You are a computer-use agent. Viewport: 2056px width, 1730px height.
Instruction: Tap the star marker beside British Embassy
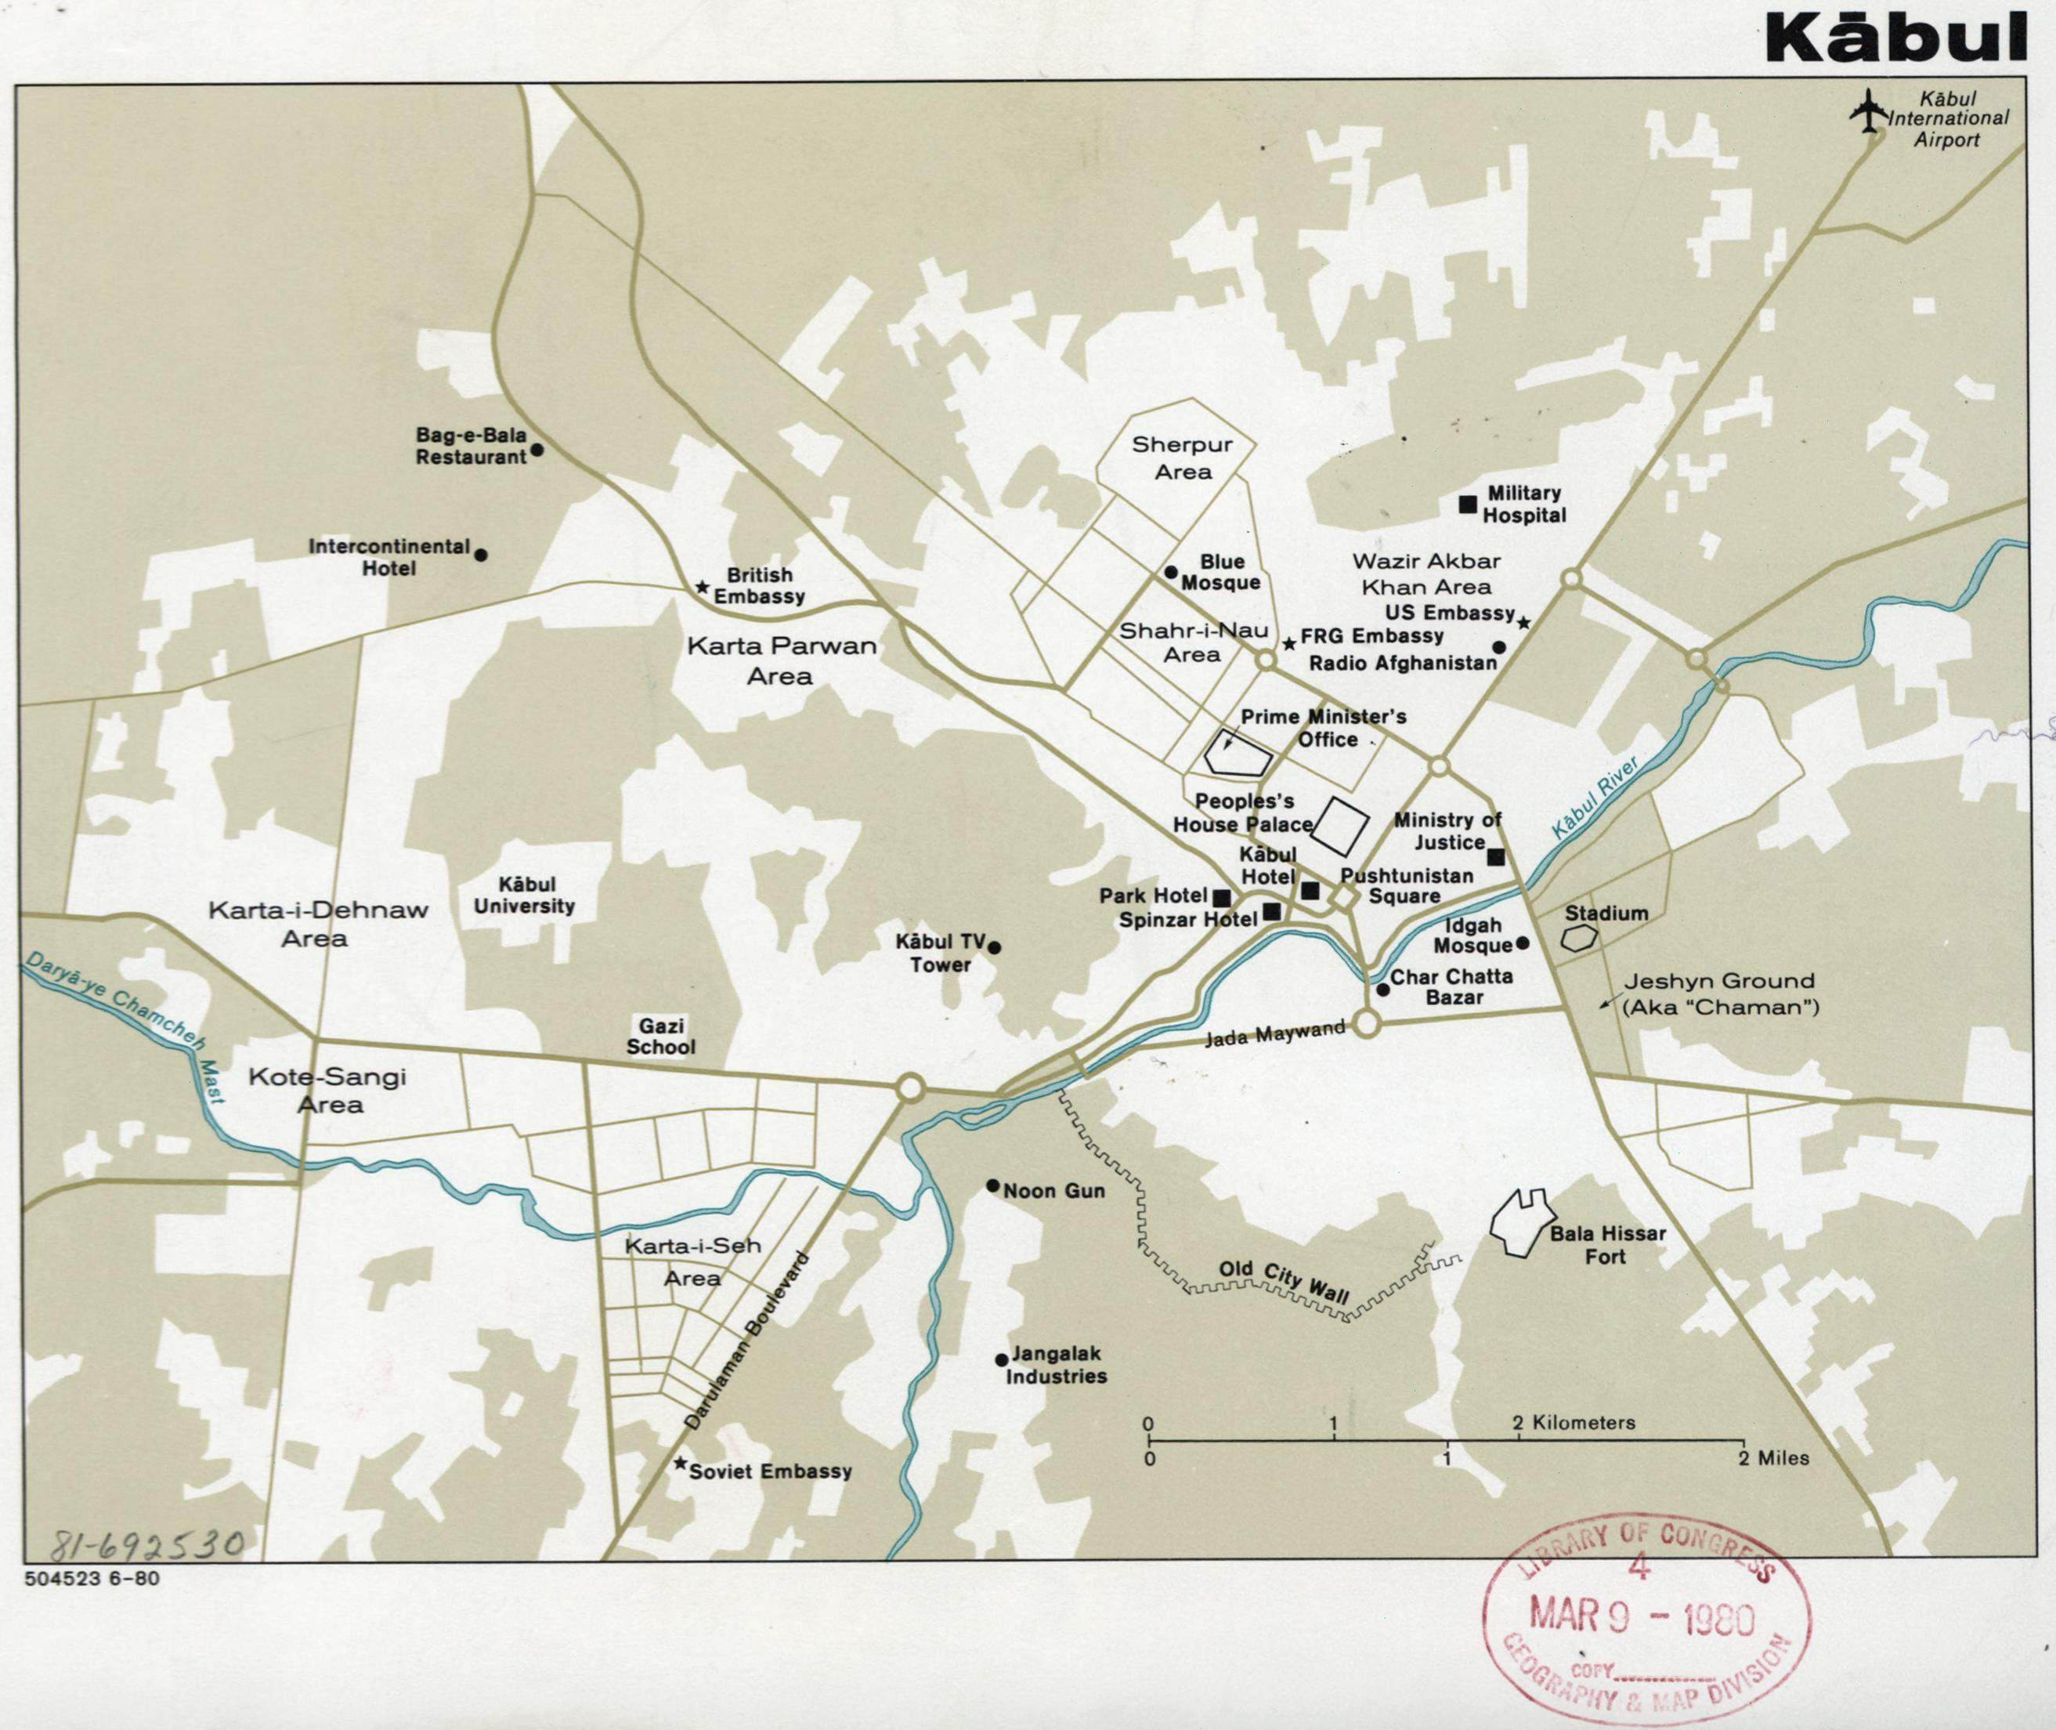point(702,588)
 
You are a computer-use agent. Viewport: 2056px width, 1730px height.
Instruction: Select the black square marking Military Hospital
point(1468,504)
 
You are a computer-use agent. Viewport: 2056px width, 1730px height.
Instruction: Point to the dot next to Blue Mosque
point(1171,572)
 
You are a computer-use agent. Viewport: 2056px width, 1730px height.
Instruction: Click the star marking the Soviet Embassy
point(679,1464)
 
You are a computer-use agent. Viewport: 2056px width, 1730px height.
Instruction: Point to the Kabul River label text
point(1595,798)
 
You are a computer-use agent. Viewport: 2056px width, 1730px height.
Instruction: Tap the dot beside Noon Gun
point(992,1185)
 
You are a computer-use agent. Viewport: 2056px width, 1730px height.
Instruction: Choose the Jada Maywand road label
point(1274,1033)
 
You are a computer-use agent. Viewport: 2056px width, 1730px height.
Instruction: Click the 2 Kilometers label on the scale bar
point(1574,1422)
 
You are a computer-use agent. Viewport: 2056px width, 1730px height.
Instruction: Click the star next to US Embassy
point(1523,623)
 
